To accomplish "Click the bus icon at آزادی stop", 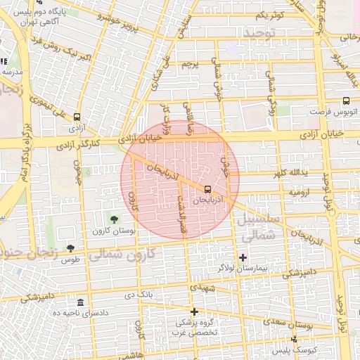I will coord(77,117).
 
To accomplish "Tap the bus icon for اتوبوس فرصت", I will coord(346,101).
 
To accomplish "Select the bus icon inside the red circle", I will coord(207,189).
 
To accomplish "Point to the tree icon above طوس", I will coord(70,247).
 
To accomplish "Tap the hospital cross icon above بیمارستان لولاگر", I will coord(243,257).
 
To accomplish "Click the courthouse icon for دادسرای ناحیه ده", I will coord(79,302).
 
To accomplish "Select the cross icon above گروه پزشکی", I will coord(195,311).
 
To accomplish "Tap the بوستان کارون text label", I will coord(112,231).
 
